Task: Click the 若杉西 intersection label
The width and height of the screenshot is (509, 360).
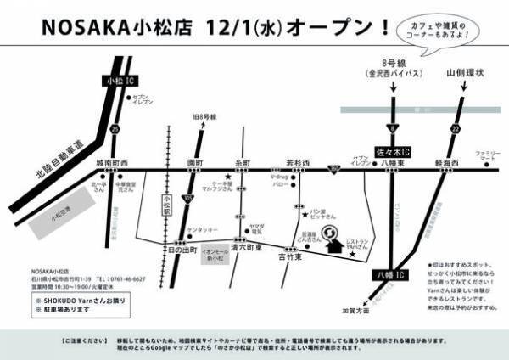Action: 296,160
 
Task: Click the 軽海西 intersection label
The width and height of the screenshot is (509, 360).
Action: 446,160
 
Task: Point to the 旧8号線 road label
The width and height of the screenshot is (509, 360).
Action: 204,116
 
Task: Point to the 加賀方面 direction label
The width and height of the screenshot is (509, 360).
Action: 355,312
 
